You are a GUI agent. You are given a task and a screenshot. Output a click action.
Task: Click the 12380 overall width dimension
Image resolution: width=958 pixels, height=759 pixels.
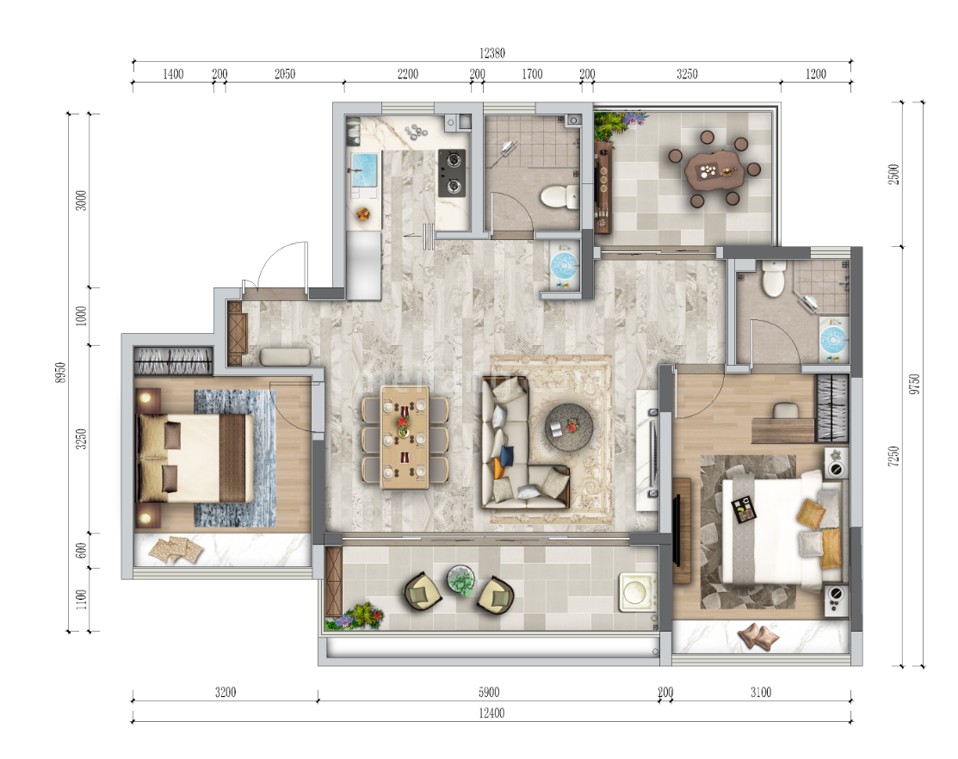click(491, 53)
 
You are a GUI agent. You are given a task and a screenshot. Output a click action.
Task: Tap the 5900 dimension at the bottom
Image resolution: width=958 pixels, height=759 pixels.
click(489, 692)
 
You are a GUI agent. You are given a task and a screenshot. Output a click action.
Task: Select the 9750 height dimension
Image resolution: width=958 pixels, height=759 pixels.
click(914, 384)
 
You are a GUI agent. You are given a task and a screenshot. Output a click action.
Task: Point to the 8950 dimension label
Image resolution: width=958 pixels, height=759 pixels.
click(60, 373)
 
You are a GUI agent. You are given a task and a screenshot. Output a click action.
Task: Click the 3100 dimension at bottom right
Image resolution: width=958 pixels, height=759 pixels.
click(761, 692)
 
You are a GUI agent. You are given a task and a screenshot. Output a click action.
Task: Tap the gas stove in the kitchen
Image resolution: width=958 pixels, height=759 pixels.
click(452, 173)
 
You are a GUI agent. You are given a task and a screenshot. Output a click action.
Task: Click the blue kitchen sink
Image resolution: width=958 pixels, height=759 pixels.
click(364, 170)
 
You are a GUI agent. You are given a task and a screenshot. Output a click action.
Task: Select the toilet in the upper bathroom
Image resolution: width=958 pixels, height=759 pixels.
click(559, 196)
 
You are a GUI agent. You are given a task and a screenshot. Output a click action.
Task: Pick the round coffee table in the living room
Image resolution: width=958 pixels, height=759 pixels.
click(569, 427)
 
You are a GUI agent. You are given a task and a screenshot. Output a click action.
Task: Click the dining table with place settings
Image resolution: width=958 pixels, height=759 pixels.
click(405, 437)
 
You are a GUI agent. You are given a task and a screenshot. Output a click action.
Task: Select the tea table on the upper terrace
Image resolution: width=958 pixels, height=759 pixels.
click(714, 170)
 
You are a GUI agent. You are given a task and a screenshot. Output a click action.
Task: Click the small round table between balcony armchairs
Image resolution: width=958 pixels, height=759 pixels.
click(461, 580)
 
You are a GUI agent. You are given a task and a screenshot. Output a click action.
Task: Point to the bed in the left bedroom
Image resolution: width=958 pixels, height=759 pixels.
click(195, 458)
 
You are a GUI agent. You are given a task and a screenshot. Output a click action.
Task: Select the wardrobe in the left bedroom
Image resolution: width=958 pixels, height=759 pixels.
click(174, 361)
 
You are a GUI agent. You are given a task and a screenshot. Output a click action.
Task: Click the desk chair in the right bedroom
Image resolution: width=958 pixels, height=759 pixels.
click(786, 410)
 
